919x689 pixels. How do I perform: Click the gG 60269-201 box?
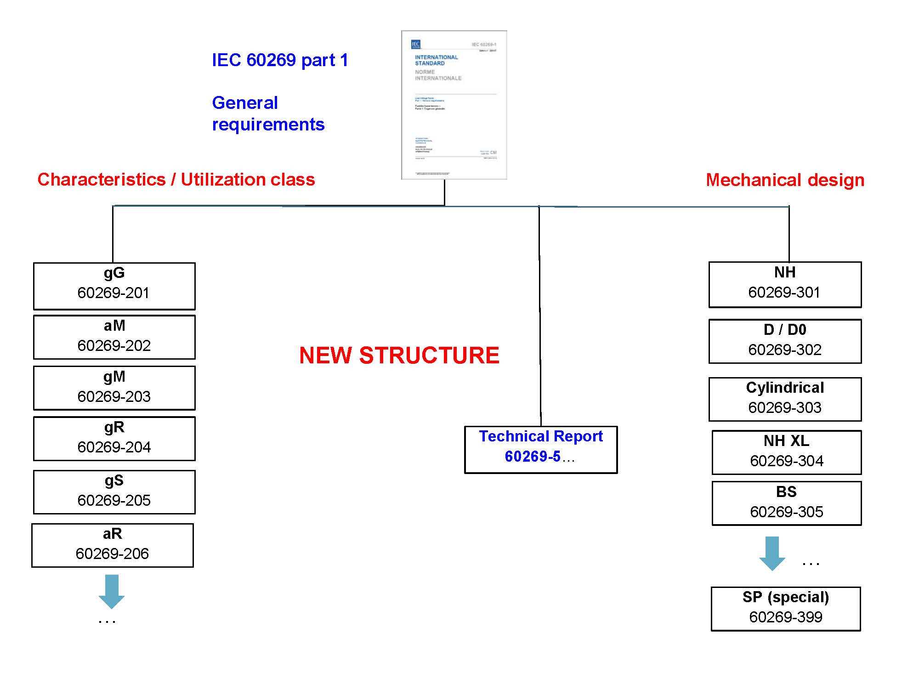click(114, 286)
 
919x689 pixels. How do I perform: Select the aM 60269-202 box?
click(114, 337)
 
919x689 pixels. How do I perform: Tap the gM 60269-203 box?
click(114, 388)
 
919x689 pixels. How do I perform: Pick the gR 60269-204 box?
click(114, 439)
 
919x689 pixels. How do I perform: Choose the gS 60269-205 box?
click(114, 492)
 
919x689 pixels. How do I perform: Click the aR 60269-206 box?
click(113, 545)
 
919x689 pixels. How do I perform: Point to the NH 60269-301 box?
click(785, 285)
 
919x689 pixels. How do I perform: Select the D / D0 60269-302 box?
click(785, 341)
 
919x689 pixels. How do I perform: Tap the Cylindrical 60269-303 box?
click(785, 399)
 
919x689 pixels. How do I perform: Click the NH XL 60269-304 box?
click(787, 452)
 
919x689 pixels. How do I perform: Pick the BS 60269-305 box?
click(787, 503)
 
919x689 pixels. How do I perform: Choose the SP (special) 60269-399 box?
click(786, 609)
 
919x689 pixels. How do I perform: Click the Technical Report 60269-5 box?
click(541, 450)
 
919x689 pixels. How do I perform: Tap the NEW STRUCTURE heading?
click(399, 356)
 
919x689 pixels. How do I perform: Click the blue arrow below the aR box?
click(112, 591)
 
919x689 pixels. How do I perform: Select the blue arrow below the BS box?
click(772, 553)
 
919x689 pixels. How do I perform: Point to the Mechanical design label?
click(785, 180)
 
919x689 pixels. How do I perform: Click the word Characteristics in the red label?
click(102, 180)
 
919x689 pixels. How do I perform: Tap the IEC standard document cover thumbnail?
click(454, 105)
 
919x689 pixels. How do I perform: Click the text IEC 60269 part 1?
click(280, 60)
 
